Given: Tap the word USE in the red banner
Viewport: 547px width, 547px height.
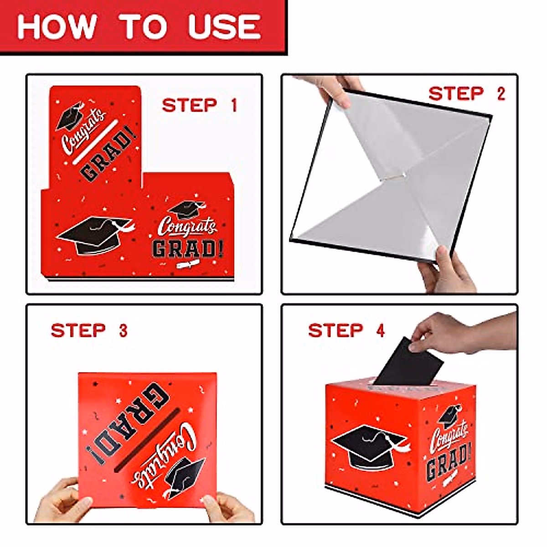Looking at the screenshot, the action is (225, 26).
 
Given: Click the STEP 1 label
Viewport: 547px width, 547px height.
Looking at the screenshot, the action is (200, 105).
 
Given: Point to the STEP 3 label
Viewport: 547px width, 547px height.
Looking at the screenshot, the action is (89, 330).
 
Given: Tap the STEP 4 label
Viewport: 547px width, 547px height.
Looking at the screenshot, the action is (346, 330).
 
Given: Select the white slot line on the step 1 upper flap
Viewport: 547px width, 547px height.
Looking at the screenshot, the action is (95, 142).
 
